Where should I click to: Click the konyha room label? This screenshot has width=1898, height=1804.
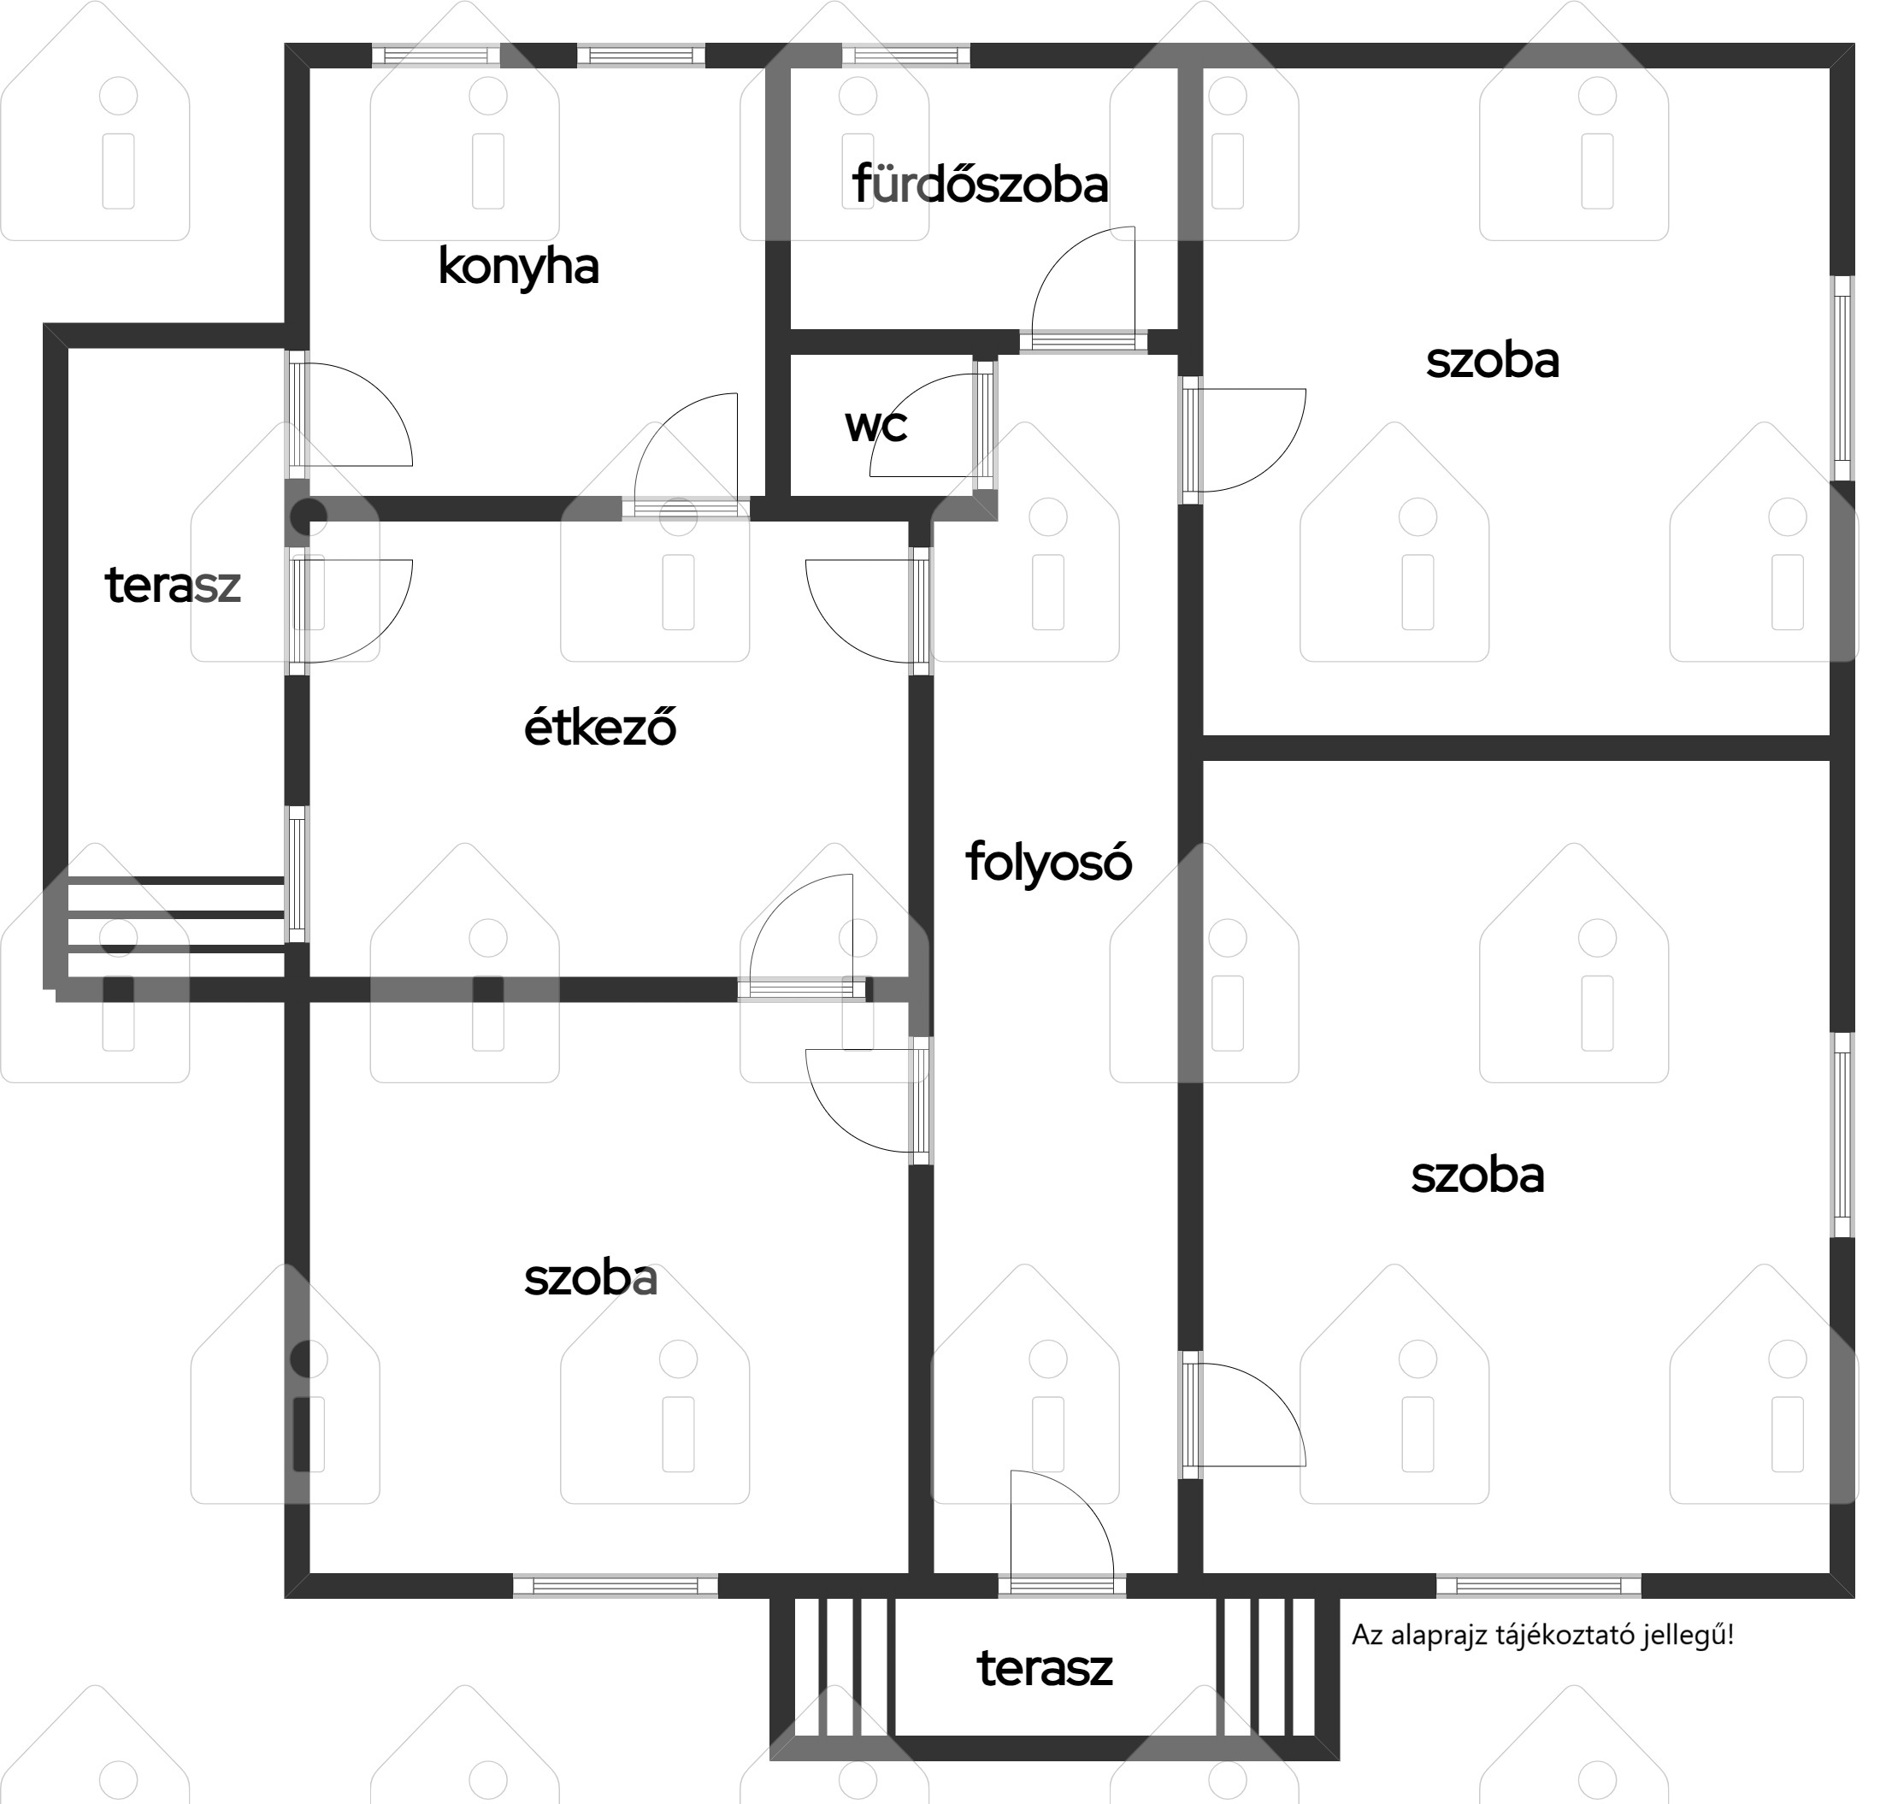coord(518,268)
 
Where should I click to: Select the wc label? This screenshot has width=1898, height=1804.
coord(876,425)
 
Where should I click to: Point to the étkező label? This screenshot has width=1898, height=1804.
coord(600,727)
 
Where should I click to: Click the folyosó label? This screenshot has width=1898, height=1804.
coord(1048,862)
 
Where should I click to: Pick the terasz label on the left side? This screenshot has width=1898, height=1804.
coord(173,586)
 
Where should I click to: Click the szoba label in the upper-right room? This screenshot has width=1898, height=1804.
coord(1492,362)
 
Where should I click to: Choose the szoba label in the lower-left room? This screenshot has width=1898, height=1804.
coord(591,1279)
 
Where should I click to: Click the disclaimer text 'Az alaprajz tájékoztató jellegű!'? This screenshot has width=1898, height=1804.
coord(1542,1635)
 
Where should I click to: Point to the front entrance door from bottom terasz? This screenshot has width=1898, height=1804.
coord(1063,1532)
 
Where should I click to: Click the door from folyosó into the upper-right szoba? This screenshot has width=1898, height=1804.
coord(1244,440)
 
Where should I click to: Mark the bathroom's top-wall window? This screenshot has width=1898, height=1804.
coord(905,55)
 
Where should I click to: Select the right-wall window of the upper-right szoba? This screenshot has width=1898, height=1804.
coord(1842,378)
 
